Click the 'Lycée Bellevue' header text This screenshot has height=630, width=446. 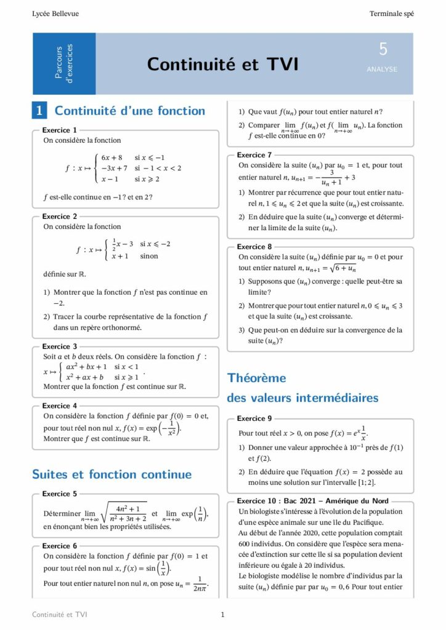(x=55, y=14)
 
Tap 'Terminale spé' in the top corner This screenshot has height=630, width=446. (x=391, y=14)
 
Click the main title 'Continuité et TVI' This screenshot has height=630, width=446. (x=222, y=64)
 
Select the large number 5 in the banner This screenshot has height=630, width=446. (x=383, y=50)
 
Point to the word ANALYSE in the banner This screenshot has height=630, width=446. (x=382, y=70)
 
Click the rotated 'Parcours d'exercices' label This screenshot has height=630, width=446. (x=64, y=63)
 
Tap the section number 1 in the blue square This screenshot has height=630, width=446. (x=39, y=111)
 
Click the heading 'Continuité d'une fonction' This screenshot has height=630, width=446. (x=130, y=111)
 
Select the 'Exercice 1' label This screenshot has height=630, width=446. (x=60, y=130)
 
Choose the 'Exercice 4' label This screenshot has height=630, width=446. (x=60, y=406)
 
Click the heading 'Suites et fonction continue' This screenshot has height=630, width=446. (x=111, y=474)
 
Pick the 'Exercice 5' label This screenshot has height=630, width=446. (x=60, y=494)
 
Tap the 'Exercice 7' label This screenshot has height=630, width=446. (x=254, y=155)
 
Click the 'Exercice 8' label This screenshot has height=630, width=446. (x=254, y=247)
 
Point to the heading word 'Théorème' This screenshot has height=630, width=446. (x=257, y=378)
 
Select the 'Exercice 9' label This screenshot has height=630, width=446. (x=254, y=418)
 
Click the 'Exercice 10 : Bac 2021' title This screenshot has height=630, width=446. (x=312, y=501)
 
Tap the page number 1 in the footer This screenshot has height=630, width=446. (x=222, y=615)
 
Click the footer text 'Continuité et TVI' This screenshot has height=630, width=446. (x=60, y=615)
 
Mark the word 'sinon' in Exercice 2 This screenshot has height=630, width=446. (x=149, y=256)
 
